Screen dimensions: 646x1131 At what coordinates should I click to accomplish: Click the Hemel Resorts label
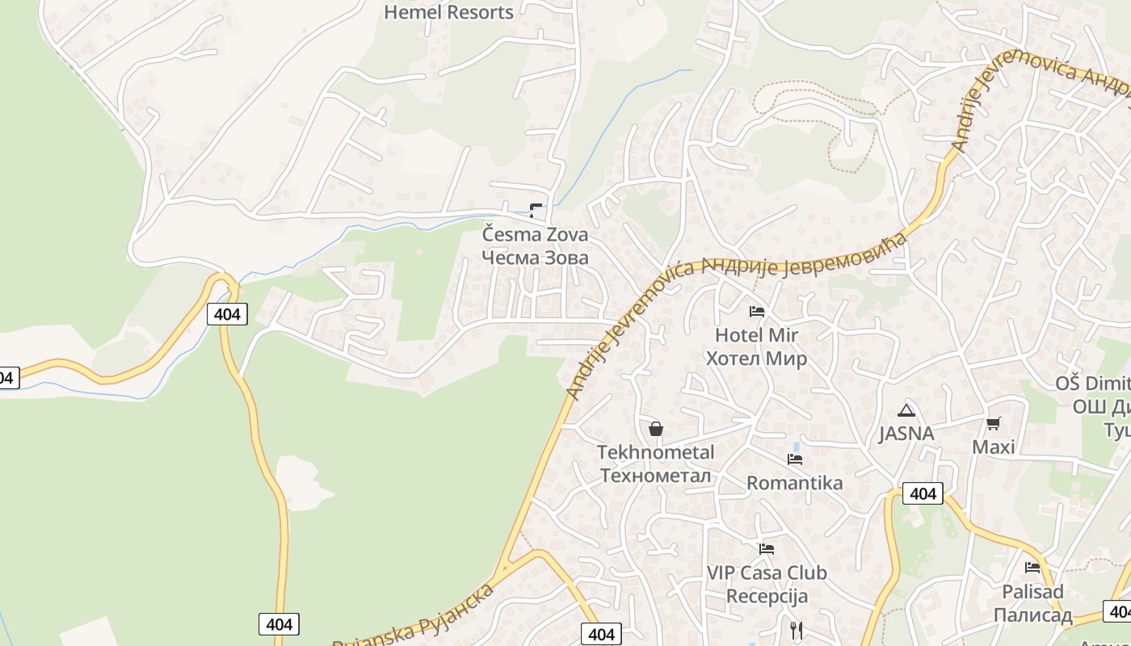pos(448,12)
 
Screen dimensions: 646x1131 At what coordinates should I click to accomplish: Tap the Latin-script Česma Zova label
pos(535,235)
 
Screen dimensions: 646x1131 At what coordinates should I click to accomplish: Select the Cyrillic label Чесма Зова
pos(535,258)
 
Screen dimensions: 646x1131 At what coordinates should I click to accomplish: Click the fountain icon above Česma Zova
pos(535,212)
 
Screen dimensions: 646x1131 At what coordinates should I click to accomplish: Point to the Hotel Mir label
pos(756,335)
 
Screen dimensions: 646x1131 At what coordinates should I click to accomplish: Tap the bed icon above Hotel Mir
pos(756,311)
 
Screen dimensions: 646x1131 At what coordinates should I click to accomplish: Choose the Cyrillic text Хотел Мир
pos(756,359)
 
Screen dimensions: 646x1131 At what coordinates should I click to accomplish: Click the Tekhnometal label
pos(655,452)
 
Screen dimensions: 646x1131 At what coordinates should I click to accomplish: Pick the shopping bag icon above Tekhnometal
pos(655,429)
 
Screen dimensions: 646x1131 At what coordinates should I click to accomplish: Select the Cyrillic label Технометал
pos(655,476)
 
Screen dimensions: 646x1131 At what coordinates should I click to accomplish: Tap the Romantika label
pos(794,483)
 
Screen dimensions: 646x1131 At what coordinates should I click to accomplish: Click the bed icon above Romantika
pos(794,459)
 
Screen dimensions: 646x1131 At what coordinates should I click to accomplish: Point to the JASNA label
pos(906,434)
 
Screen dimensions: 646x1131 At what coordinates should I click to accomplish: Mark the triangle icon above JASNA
pos(906,410)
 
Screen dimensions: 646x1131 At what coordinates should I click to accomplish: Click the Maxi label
pos(993,447)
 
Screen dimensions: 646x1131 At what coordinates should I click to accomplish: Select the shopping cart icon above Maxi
pos(993,424)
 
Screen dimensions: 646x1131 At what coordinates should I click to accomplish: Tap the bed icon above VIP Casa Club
pos(766,549)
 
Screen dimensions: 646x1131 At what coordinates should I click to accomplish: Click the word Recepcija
pos(767,597)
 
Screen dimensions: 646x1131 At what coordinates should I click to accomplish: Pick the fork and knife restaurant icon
pos(797,630)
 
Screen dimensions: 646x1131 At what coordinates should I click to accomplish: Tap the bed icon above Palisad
pos(1032,568)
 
